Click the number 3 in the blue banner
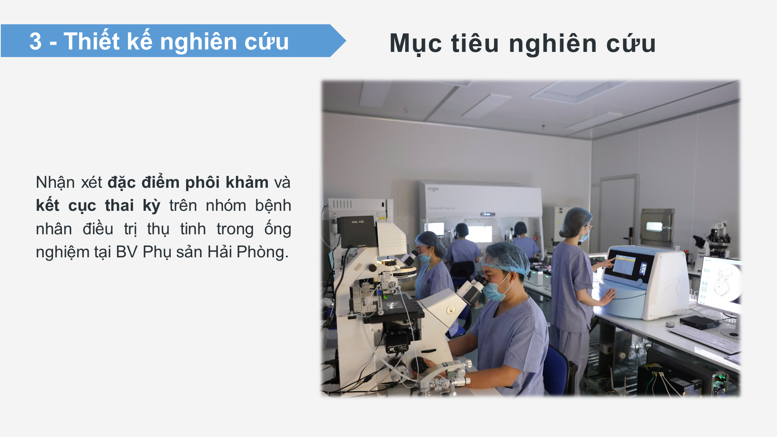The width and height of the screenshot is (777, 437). click(35, 41)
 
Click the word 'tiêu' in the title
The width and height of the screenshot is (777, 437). click(475, 43)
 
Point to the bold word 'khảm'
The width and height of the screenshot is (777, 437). click(247, 182)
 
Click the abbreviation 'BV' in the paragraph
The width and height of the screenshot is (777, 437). click(127, 252)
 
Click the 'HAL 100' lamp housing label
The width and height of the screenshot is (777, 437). click(357, 222)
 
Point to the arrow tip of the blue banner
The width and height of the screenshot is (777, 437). click(346, 40)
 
